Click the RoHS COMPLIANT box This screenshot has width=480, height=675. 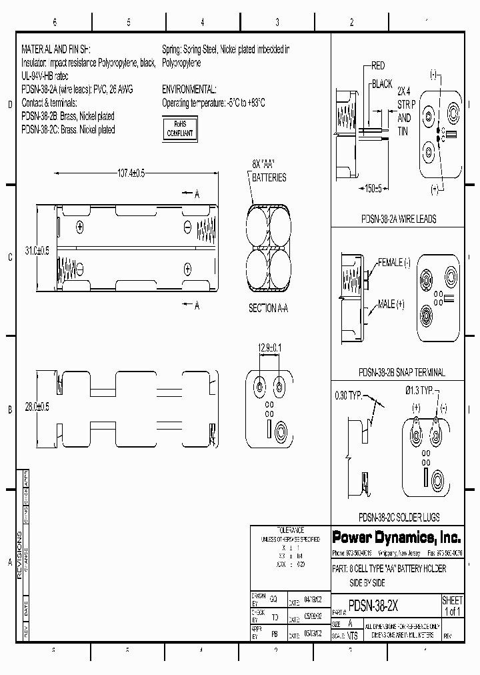pyautogui.click(x=180, y=129)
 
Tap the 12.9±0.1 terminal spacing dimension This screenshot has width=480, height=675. pyautogui.click(x=269, y=348)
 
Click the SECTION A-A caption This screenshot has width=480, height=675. pyautogui.click(x=269, y=308)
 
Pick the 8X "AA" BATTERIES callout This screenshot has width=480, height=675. pyautogui.click(x=269, y=170)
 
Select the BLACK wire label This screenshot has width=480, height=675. pyautogui.click(x=382, y=84)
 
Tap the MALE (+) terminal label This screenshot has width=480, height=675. pyautogui.click(x=391, y=304)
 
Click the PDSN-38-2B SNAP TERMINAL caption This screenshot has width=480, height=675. pyautogui.click(x=402, y=373)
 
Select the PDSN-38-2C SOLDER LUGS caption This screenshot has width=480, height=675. pyautogui.click(x=399, y=517)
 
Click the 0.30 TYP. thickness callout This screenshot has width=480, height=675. pyautogui.click(x=349, y=395)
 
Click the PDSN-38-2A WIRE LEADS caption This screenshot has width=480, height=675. pyautogui.click(x=399, y=219)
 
